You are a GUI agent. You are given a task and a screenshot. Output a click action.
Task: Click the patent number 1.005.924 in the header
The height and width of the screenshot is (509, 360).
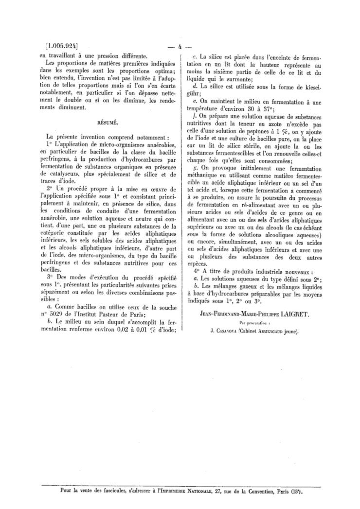click(60, 47)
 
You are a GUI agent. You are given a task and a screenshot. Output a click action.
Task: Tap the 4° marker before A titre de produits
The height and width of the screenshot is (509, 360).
click(197, 272)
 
